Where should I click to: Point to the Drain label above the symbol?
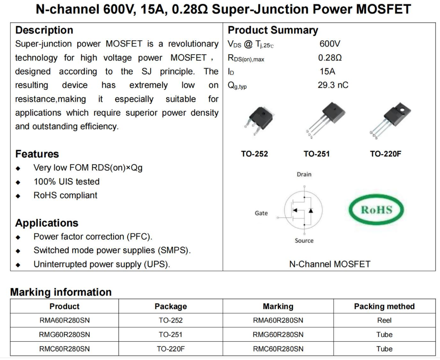point(304,174)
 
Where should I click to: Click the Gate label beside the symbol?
point(261,213)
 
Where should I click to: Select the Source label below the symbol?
point(304,240)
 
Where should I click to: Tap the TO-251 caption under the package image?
point(316,154)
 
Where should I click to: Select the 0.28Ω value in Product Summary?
point(330,58)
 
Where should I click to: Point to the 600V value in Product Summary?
point(330,44)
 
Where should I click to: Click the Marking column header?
point(278,306)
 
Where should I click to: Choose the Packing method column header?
point(384,306)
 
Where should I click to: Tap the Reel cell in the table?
point(384,320)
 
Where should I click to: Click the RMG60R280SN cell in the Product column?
point(64,335)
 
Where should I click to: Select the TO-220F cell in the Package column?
point(170,349)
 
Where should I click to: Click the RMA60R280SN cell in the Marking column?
point(278,320)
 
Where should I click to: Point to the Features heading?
point(37,154)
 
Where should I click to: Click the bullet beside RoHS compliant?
point(18,196)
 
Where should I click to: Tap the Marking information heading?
point(60,292)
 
